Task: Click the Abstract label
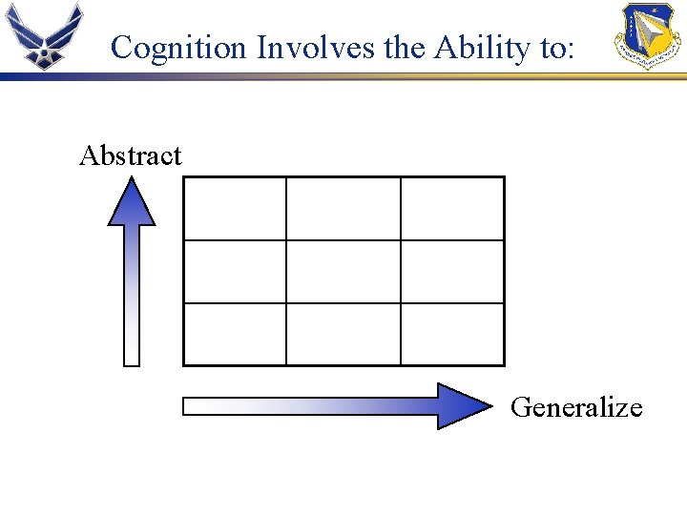pyautogui.click(x=130, y=155)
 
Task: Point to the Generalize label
pyautogui.click(x=576, y=407)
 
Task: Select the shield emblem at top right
pyautogui.click(x=647, y=35)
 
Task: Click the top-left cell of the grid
pyautogui.click(x=234, y=208)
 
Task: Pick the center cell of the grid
pyautogui.click(x=343, y=272)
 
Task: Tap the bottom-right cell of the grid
pyautogui.click(x=452, y=334)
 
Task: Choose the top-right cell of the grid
pyautogui.click(x=452, y=208)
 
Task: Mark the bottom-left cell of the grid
pyautogui.click(x=234, y=334)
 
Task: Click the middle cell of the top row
pyautogui.click(x=343, y=208)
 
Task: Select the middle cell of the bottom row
pyautogui.click(x=343, y=334)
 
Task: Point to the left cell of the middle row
pyautogui.click(x=234, y=272)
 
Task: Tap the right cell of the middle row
pyautogui.click(x=452, y=272)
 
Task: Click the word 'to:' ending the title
pyautogui.click(x=556, y=47)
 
